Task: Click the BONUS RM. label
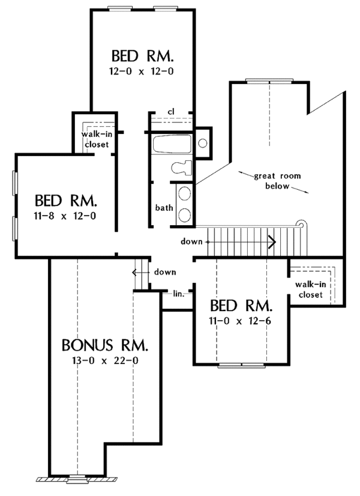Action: click(105, 346)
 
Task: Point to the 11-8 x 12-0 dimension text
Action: click(65, 215)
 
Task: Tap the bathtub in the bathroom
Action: click(171, 144)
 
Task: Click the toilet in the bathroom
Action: click(181, 169)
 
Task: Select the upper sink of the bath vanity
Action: click(185, 194)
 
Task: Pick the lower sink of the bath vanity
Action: click(185, 214)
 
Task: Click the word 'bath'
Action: click(164, 208)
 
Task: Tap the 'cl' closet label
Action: click(170, 112)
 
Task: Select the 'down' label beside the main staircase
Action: click(191, 242)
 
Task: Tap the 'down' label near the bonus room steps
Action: click(164, 272)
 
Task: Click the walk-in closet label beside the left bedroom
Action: click(95, 139)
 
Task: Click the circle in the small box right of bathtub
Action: click(203, 144)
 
